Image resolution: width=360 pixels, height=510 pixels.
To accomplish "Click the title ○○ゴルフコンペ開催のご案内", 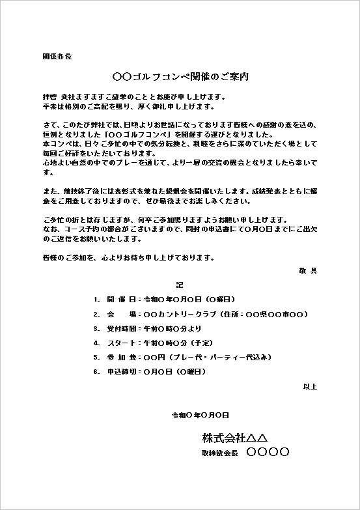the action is click(x=180, y=77).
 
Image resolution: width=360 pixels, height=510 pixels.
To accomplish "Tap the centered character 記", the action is click(x=180, y=285).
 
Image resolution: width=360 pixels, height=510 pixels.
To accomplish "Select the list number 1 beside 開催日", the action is click(x=96, y=300).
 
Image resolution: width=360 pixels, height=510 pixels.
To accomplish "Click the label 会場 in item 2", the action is click(x=120, y=314).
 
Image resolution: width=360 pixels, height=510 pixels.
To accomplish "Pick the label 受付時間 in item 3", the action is click(x=120, y=328).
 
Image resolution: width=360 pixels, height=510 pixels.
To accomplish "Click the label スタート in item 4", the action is click(x=122, y=343).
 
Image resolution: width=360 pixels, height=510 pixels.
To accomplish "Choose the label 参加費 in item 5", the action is click(x=120, y=357).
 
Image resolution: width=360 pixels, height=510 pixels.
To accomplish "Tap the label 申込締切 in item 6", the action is click(x=120, y=371).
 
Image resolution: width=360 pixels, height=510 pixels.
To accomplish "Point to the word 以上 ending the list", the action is click(x=310, y=387).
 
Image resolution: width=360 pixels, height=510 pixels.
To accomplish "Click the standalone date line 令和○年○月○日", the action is click(x=200, y=415).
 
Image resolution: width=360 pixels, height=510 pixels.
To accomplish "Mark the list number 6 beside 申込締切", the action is click(x=96, y=371).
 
